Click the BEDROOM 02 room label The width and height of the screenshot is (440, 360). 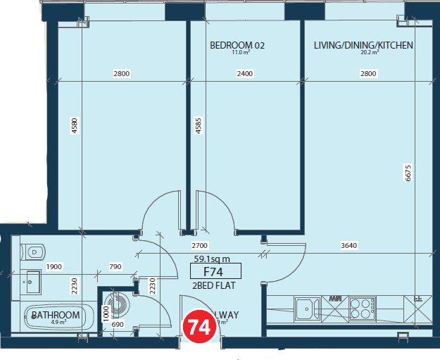(x=237, y=46)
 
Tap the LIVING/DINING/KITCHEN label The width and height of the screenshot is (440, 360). (x=363, y=46)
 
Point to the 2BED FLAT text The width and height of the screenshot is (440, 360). (x=213, y=285)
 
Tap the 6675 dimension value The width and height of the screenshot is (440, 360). (x=407, y=173)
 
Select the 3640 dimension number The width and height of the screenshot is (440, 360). (x=349, y=246)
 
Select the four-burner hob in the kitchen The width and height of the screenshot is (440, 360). (x=362, y=309)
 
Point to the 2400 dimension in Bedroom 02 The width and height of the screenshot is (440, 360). (x=244, y=73)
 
